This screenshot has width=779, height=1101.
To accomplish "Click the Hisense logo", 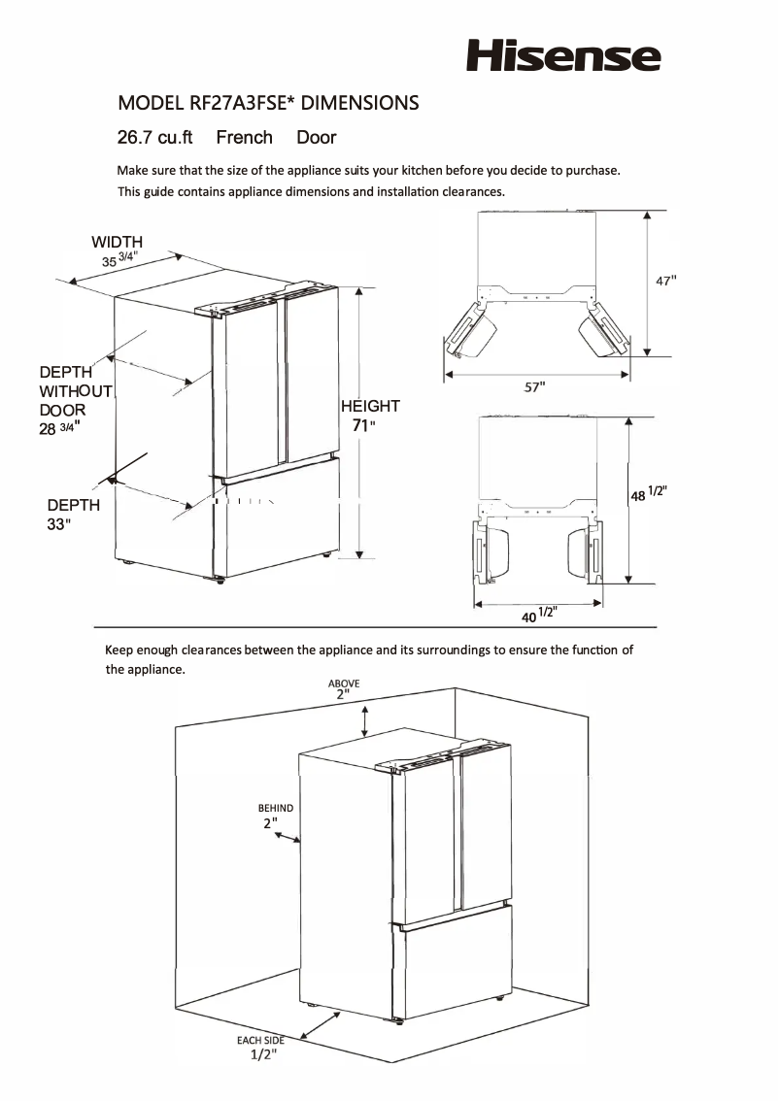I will (x=563, y=54).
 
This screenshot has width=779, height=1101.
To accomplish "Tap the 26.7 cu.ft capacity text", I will (x=155, y=138).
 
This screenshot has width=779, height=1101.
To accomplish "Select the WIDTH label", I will (x=118, y=242).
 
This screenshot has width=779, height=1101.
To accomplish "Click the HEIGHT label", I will (x=369, y=406).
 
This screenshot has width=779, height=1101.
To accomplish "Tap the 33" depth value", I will (x=59, y=524).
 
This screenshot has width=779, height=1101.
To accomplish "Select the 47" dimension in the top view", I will (x=664, y=281).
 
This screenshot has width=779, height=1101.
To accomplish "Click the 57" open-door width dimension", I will (x=534, y=387).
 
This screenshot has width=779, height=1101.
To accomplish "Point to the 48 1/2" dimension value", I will (x=647, y=493).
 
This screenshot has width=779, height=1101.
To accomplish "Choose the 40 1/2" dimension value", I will (x=537, y=614).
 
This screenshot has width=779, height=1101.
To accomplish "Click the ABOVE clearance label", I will (x=343, y=684).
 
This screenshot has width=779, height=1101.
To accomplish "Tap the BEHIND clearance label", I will (x=275, y=808).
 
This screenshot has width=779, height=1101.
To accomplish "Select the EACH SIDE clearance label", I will (x=260, y=1041).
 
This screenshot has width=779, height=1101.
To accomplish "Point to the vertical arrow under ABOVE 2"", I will (x=365, y=721).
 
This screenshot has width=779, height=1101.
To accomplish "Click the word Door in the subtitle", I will (x=317, y=138).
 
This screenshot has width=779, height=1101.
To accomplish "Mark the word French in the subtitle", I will (x=244, y=138).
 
